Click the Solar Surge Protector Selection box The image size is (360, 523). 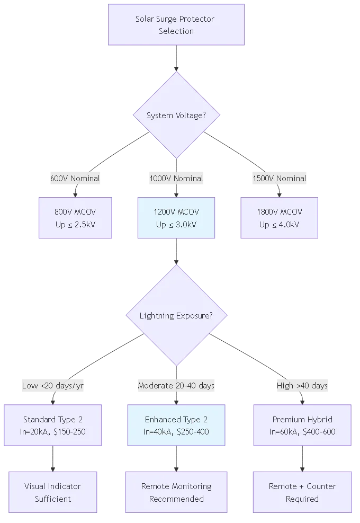click(x=176, y=25)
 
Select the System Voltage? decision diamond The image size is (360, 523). click(x=176, y=116)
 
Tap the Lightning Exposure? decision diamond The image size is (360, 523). click(x=176, y=316)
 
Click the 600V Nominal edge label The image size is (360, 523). click(x=75, y=179)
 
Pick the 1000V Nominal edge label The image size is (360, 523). click(x=176, y=179)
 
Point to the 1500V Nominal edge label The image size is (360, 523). click(x=279, y=179)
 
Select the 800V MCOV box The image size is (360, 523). click(x=76, y=218)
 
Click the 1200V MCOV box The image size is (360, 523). click(x=176, y=218)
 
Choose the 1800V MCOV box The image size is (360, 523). click(x=279, y=218)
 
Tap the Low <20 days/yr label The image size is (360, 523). click(x=53, y=385)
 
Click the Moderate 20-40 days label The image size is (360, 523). click(x=176, y=385)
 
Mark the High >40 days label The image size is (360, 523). click(x=302, y=385)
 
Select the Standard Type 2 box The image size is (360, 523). click(x=53, y=425)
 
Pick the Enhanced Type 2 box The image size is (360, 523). click(x=176, y=425)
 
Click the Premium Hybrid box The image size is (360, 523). click(x=302, y=425)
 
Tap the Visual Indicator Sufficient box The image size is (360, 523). click(x=53, y=492)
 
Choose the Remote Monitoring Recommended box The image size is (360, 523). click(x=176, y=492)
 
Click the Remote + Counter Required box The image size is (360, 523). click(x=302, y=492)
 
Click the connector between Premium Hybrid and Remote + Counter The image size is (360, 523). click(x=302, y=459)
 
